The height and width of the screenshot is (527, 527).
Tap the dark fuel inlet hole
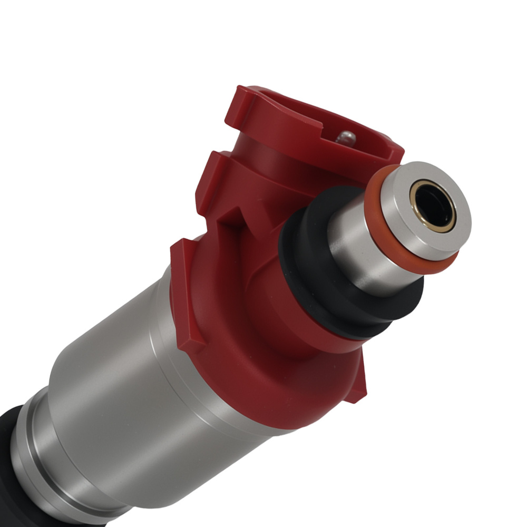(x=433, y=206)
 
